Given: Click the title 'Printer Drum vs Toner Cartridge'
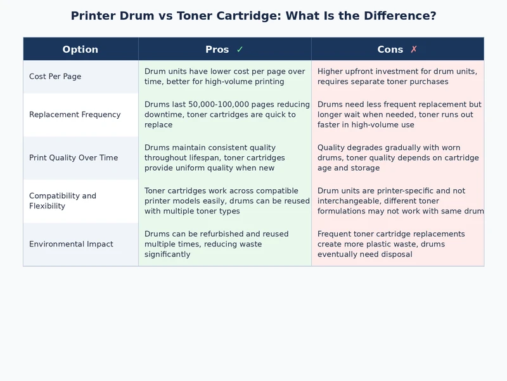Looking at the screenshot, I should pos(253,16).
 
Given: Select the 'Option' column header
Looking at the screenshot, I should pos(80,50).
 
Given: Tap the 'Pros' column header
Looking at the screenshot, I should pos(217,50).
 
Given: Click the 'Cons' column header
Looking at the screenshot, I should pos(390,50).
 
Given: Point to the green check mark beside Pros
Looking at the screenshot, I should pos(240,50).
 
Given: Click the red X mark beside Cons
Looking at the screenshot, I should pos(414,50).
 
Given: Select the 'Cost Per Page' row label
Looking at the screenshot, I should pos(55,77).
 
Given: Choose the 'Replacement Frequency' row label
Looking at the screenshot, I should pos(75,115).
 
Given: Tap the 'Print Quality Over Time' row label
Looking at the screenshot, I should pos(74,158).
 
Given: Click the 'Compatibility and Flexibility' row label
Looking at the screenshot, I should pos(63,201).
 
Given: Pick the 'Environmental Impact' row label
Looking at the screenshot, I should pos(71,244).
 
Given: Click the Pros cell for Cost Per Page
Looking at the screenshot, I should pos(224,77).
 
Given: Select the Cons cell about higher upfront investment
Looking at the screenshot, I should pos(397,77).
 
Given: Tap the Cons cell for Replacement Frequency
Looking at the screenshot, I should pos(397,115).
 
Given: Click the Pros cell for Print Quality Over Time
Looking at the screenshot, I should pos(224,158).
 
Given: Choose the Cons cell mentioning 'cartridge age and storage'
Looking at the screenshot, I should pos(397,158).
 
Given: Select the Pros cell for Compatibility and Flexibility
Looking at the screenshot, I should pos(224,201).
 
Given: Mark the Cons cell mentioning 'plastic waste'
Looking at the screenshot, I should pos(397,244).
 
